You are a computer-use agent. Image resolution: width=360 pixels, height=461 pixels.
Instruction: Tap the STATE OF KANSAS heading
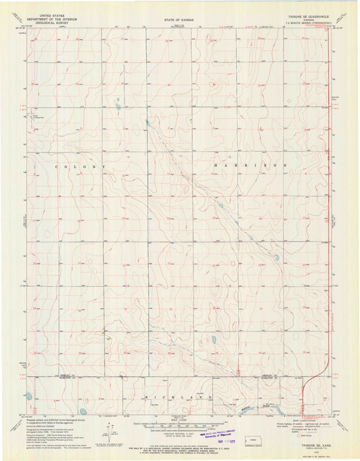click(179, 20)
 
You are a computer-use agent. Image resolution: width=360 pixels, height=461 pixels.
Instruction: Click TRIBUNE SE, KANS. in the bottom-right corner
click(310, 437)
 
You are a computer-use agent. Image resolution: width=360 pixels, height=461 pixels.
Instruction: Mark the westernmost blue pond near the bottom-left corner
click(29, 397)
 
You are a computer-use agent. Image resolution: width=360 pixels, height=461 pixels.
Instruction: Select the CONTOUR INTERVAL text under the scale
click(179, 433)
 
